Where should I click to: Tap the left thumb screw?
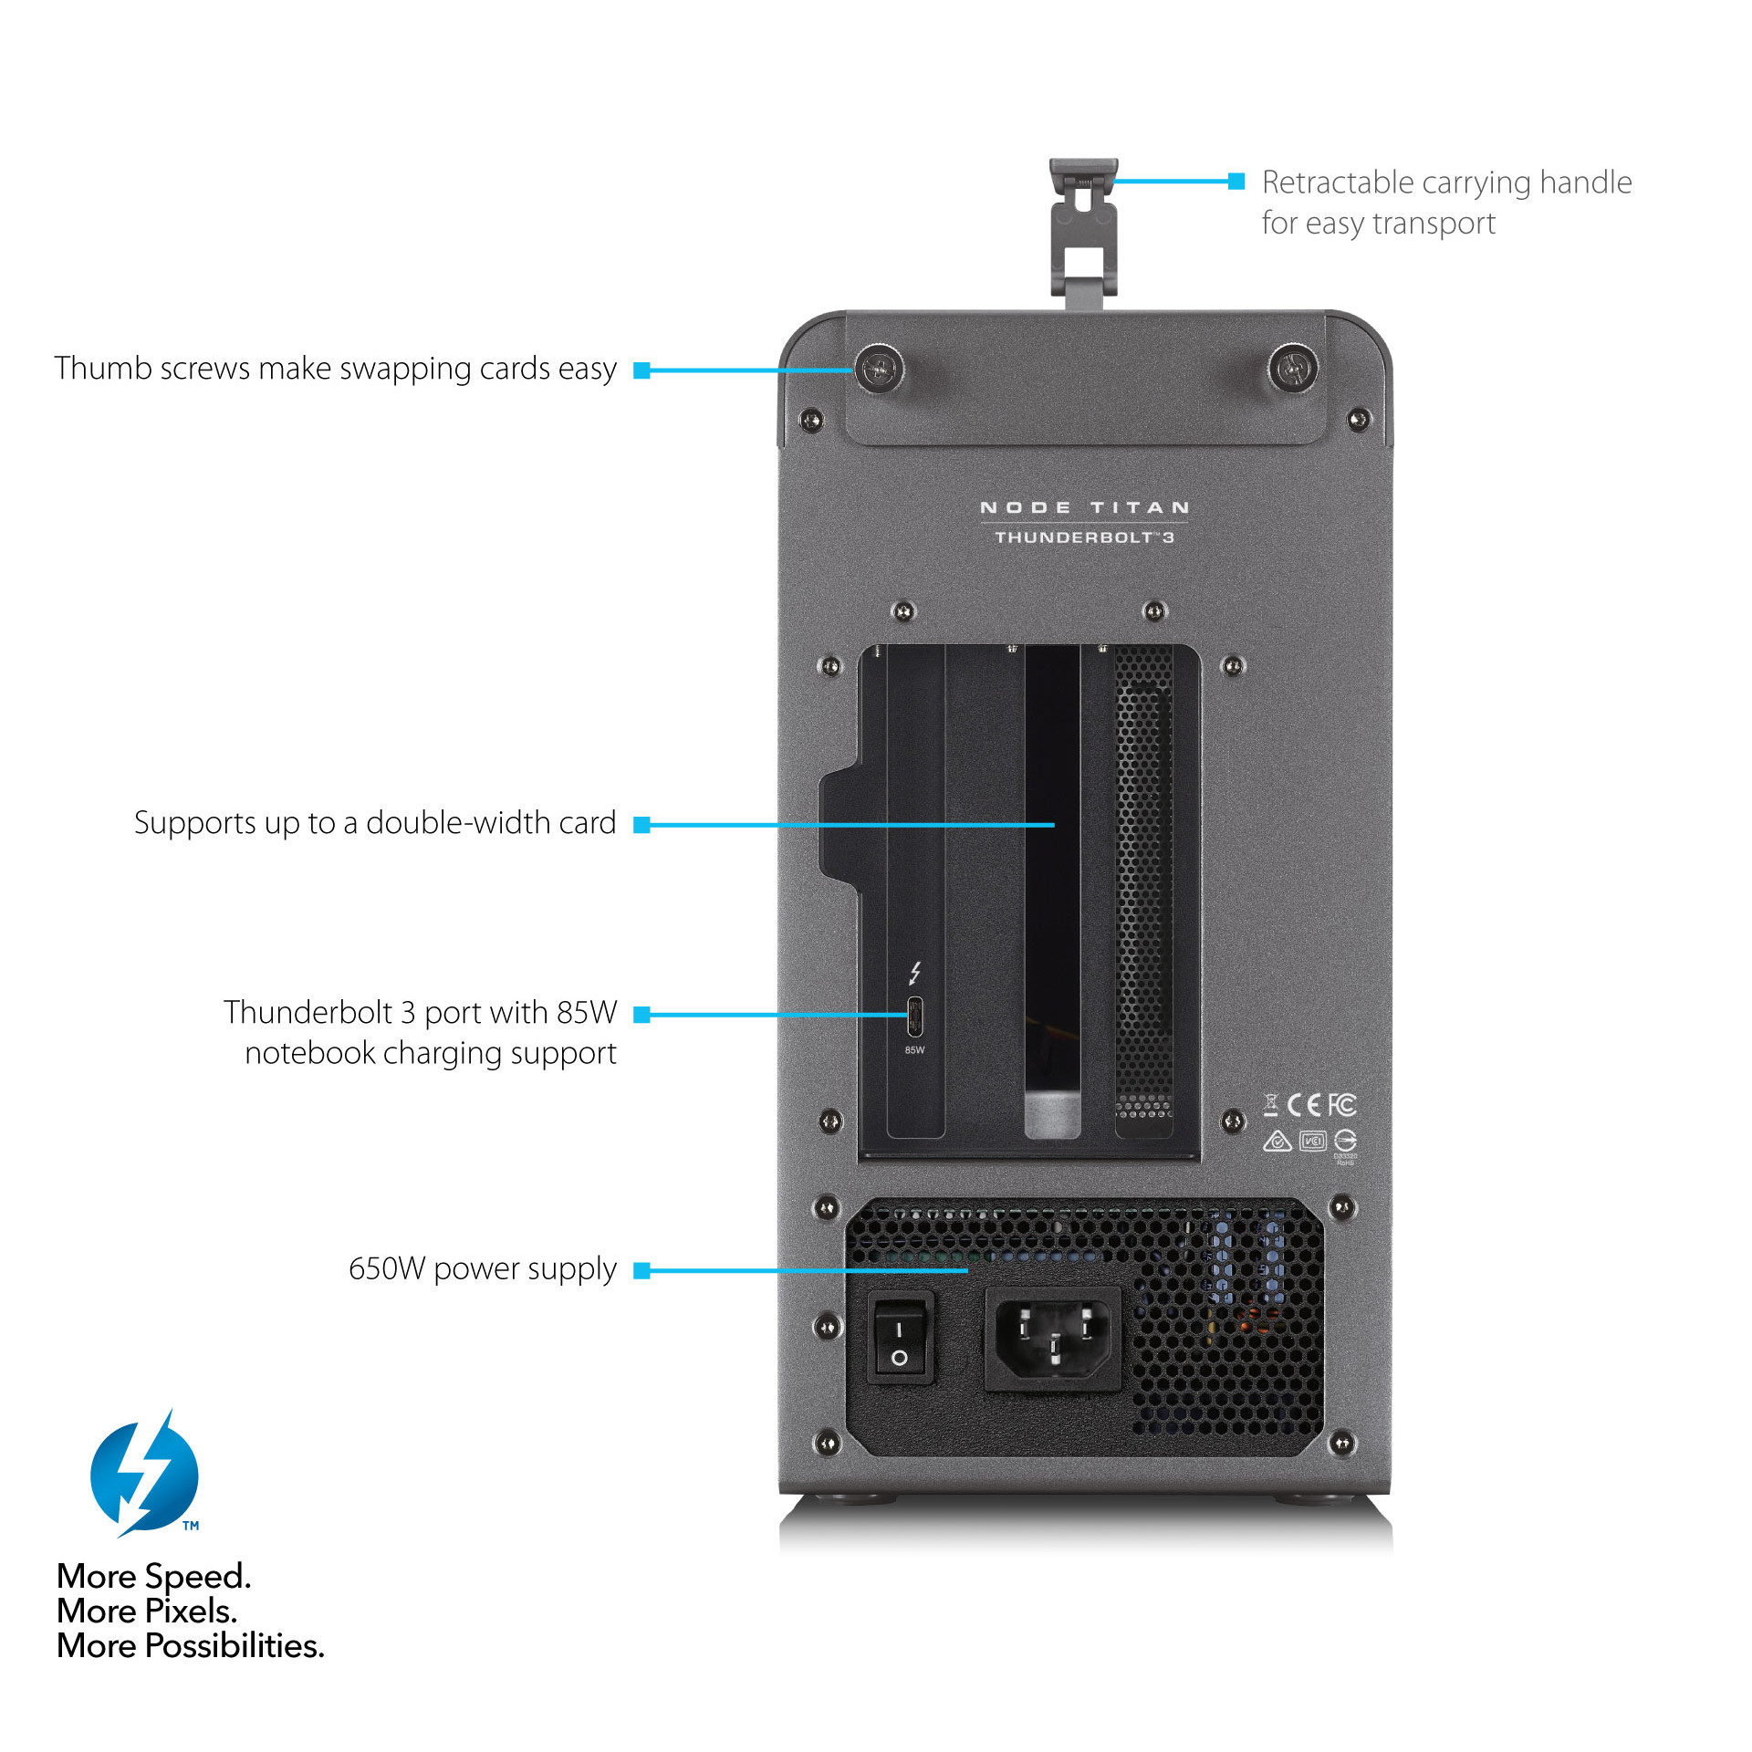coord(879,370)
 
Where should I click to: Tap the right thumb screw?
coord(1293,369)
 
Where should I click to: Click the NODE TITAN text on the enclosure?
coord(1084,507)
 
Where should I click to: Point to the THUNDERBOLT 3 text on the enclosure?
coord(1084,537)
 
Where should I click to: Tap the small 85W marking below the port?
coord(914,1050)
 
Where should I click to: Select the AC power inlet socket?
coord(1053,1339)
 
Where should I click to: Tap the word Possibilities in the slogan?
coord(235,1646)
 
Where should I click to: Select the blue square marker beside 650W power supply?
coord(641,1270)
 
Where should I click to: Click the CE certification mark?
coord(1304,1105)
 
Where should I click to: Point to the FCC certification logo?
coord(1341,1105)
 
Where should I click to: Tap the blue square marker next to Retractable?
coord(1236,181)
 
